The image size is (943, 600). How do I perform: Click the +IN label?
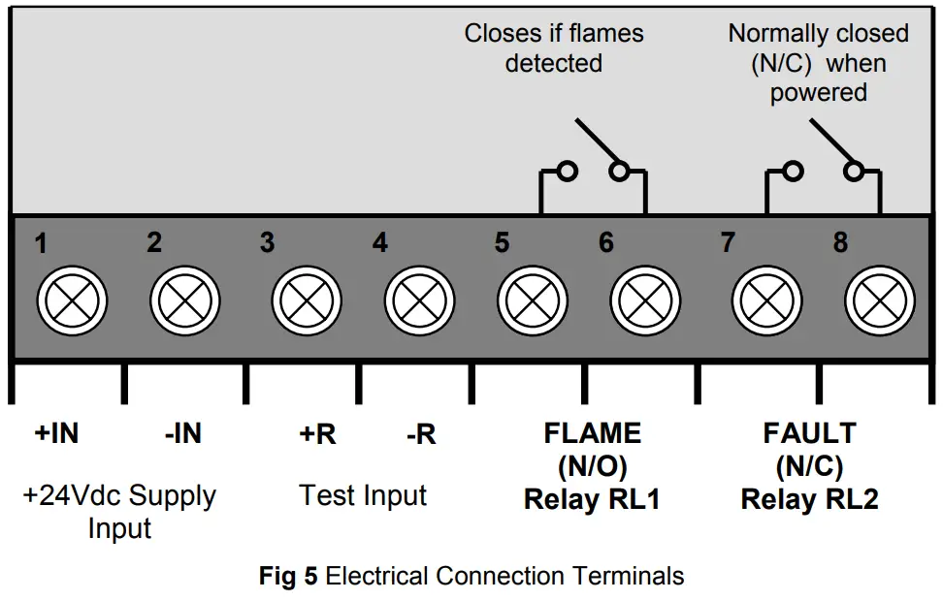tap(56, 434)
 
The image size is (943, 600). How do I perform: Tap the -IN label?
tap(182, 434)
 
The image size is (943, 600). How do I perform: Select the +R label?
tap(317, 434)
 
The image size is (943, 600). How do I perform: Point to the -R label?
tap(421, 434)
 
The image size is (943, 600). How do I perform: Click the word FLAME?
tap(592, 433)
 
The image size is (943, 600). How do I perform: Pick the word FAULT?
tap(809, 433)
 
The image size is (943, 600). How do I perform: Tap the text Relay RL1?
tap(592, 499)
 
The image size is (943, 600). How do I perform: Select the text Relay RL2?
tap(809, 499)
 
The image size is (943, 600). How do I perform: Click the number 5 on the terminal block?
tap(502, 242)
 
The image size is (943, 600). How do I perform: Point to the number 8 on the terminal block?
tap(840, 242)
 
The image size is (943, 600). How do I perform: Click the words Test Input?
tap(363, 495)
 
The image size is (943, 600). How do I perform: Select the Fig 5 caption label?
tap(288, 576)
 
